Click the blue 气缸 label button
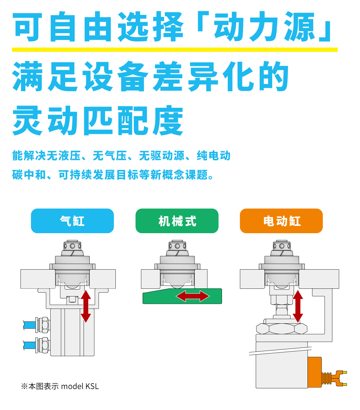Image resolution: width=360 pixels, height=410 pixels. pyautogui.click(x=72, y=221)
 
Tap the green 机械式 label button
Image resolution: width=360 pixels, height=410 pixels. pyautogui.click(x=177, y=221)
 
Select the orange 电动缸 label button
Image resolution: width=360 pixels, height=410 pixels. pyautogui.click(x=281, y=221)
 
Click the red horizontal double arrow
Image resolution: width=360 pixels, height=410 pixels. pyautogui.click(x=193, y=296)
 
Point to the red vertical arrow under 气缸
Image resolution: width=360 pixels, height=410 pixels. pyautogui.click(x=86, y=306)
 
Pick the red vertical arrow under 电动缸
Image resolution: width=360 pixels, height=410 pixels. pyautogui.click(x=298, y=306)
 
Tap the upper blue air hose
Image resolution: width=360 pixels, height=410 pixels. pyautogui.click(x=29, y=325)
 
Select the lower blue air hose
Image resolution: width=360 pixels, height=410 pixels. pyautogui.click(x=29, y=345)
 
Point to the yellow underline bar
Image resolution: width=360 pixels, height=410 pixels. pyautogui.click(x=175, y=50)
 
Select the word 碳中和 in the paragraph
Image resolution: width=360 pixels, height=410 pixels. pyautogui.click(x=29, y=175)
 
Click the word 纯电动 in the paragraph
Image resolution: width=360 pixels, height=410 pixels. pyautogui.click(x=213, y=156)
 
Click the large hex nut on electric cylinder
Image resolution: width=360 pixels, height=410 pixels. pyautogui.click(x=281, y=329)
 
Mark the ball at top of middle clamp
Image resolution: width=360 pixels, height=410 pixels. pyautogui.click(x=177, y=246)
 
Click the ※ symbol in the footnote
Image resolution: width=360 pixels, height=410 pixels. pyautogui.click(x=24, y=387)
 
